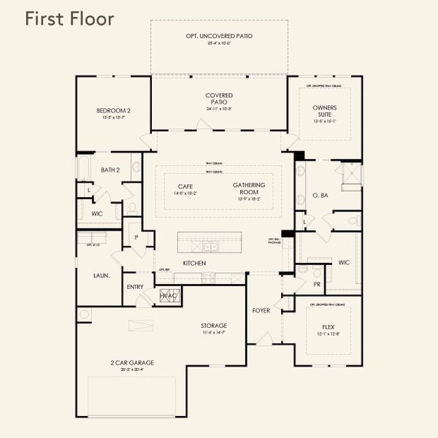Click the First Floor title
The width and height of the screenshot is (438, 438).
(x=69, y=19)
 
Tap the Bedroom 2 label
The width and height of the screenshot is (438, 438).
(x=113, y=110)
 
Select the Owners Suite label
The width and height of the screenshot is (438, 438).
(x=325, y=111)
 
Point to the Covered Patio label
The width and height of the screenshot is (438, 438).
(x=219, y=99)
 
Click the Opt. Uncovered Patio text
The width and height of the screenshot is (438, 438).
(x=219, y=36)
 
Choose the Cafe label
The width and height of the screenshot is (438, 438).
(x=185, y=186)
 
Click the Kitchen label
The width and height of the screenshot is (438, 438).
(x=194, y=263)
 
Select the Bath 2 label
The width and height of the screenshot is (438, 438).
(x=109, y=170)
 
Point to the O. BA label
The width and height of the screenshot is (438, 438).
(x=320, y=196)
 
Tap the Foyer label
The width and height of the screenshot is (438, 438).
(x=261, y=310)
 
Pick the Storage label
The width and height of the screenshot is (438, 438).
(x=214, y=325)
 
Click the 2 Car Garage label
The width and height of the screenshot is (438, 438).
(x=132, y=362)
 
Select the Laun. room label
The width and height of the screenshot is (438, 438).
(x=101, y=276)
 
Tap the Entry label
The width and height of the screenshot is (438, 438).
(x=135, y=287)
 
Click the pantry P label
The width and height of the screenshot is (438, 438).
(x=136, y=237)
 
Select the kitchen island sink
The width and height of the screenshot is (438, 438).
(x=210, y=246)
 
